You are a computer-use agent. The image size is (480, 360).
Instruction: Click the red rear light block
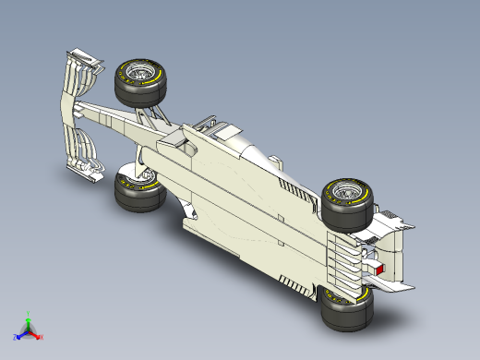click(x=378, y=269)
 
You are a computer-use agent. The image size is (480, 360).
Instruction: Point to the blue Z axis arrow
click(x=20, y=334)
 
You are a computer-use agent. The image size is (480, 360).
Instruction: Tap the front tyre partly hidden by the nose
click(x=137, y=191)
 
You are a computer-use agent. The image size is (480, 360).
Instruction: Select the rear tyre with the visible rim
click(x=346, y=203)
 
